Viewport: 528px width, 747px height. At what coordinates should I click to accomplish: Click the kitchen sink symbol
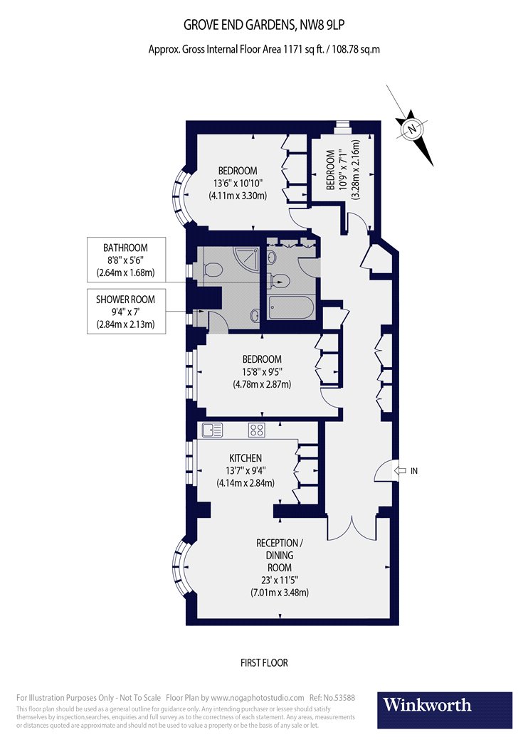tap(212, 430)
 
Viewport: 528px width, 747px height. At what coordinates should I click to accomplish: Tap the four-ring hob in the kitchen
tap(256, 430)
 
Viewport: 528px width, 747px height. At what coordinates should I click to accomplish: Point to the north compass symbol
tap(411, 129)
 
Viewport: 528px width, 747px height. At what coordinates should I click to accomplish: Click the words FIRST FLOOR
tap(263, 662)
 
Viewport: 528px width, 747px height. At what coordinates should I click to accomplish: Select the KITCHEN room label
tap(245, 457)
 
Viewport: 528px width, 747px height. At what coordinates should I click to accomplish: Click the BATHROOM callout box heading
tap(125, 248)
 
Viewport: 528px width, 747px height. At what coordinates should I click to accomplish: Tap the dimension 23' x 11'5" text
tap(284, 580)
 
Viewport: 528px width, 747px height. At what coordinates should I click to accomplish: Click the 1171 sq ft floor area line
tap(263, 49)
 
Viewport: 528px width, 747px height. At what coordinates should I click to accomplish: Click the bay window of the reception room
tap(181, 568)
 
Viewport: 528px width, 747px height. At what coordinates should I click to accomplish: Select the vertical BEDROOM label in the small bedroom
tap(330, 171)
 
